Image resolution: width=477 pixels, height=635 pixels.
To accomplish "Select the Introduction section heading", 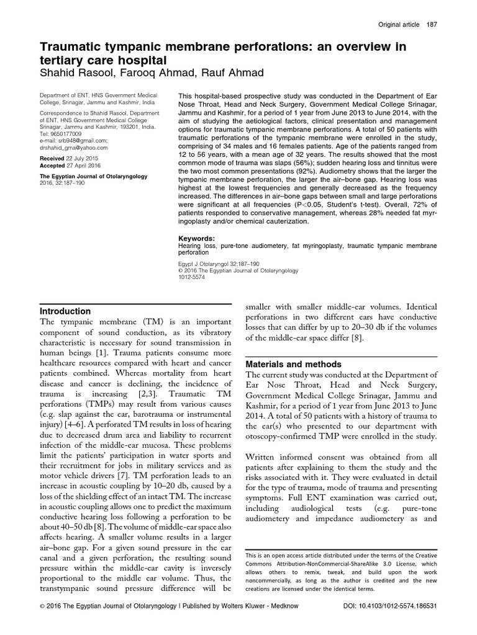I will [66, 311].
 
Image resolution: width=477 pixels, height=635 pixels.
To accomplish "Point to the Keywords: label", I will [196, 238].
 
